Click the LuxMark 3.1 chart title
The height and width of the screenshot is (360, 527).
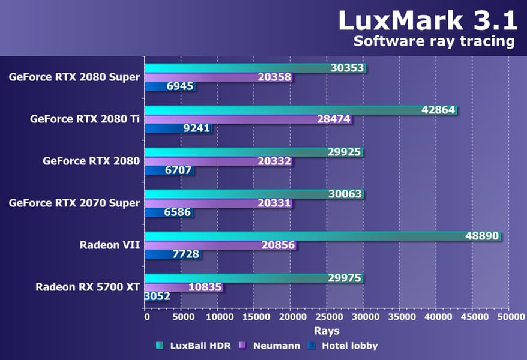tap(427, 20)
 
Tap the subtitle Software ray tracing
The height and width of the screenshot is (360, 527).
tap(434, 41)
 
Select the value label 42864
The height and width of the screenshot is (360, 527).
tap(437, 110)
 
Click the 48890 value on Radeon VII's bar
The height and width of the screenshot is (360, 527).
tap(482, 236)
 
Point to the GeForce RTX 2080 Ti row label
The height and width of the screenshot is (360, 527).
tap(85, 119)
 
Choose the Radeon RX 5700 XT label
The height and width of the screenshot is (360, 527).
tap(88, 286)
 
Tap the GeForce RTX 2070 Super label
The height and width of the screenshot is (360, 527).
tap(74, 203)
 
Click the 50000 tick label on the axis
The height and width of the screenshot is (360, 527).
tap(509, 317)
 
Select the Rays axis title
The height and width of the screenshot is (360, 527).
tap(327, 331)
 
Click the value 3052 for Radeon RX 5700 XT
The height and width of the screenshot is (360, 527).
tap(157, 296)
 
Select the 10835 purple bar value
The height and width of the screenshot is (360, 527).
tap(206, 287)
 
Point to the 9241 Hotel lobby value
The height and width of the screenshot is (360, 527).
tap(192, 128)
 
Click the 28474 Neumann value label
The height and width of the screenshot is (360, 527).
tap(333, 119)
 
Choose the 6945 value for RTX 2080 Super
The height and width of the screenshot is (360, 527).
tap(180, 87)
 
